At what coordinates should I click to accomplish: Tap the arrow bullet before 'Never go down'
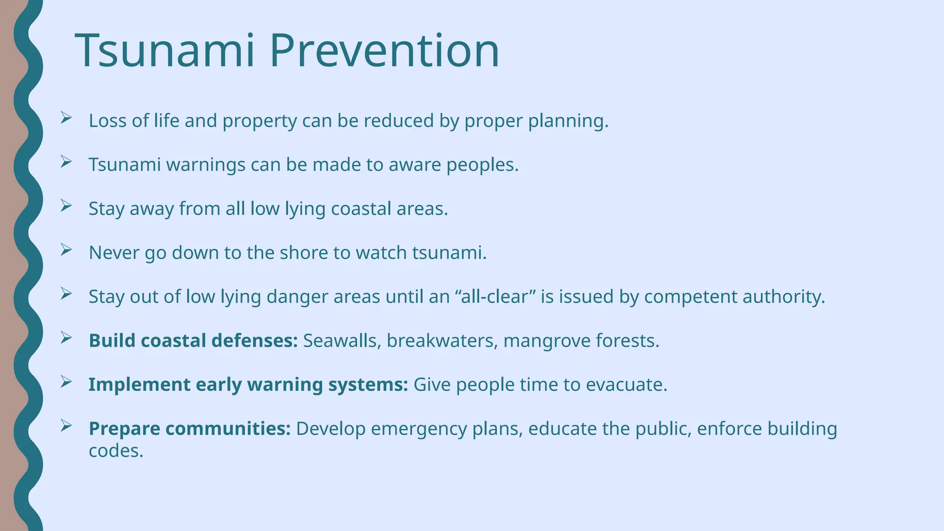[66, 250]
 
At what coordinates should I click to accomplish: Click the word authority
[783, 297]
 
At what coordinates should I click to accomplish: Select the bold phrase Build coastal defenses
[193, 341]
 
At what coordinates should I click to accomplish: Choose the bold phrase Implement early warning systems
[248, 384]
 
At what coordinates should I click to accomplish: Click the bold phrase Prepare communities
[189, 429]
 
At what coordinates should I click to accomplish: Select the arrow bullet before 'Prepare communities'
[66, 426]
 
